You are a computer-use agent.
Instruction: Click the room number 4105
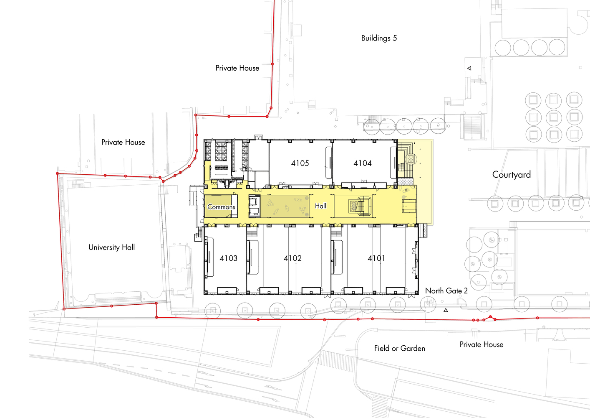coord(300,163)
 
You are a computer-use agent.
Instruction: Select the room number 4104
coord(363,163)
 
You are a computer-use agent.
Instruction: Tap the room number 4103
coord(228,258)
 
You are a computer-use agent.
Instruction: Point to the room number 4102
coord(292,258)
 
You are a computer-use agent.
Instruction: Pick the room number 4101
coord(376,258)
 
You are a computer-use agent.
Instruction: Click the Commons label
coord(221,207)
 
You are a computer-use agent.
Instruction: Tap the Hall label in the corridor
coord(320,206)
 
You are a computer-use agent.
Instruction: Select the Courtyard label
coord(512,175)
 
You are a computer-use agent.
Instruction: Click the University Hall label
coord(112,247)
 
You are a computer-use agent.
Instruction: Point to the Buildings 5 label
coord(379,38)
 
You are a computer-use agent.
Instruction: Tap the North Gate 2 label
coord(446,291)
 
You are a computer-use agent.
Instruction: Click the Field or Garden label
coord(400,348)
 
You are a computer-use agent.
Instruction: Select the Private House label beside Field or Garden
coord(482,344)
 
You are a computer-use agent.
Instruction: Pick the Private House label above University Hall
coord(123,142)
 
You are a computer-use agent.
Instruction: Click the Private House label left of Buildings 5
coord(237,68)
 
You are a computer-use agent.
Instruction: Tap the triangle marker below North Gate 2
coord(446,310)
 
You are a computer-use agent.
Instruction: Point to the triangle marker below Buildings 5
coord(469,69)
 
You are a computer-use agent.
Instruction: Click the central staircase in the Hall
coord(361,206)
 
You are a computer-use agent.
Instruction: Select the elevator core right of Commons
coord(255,206)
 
